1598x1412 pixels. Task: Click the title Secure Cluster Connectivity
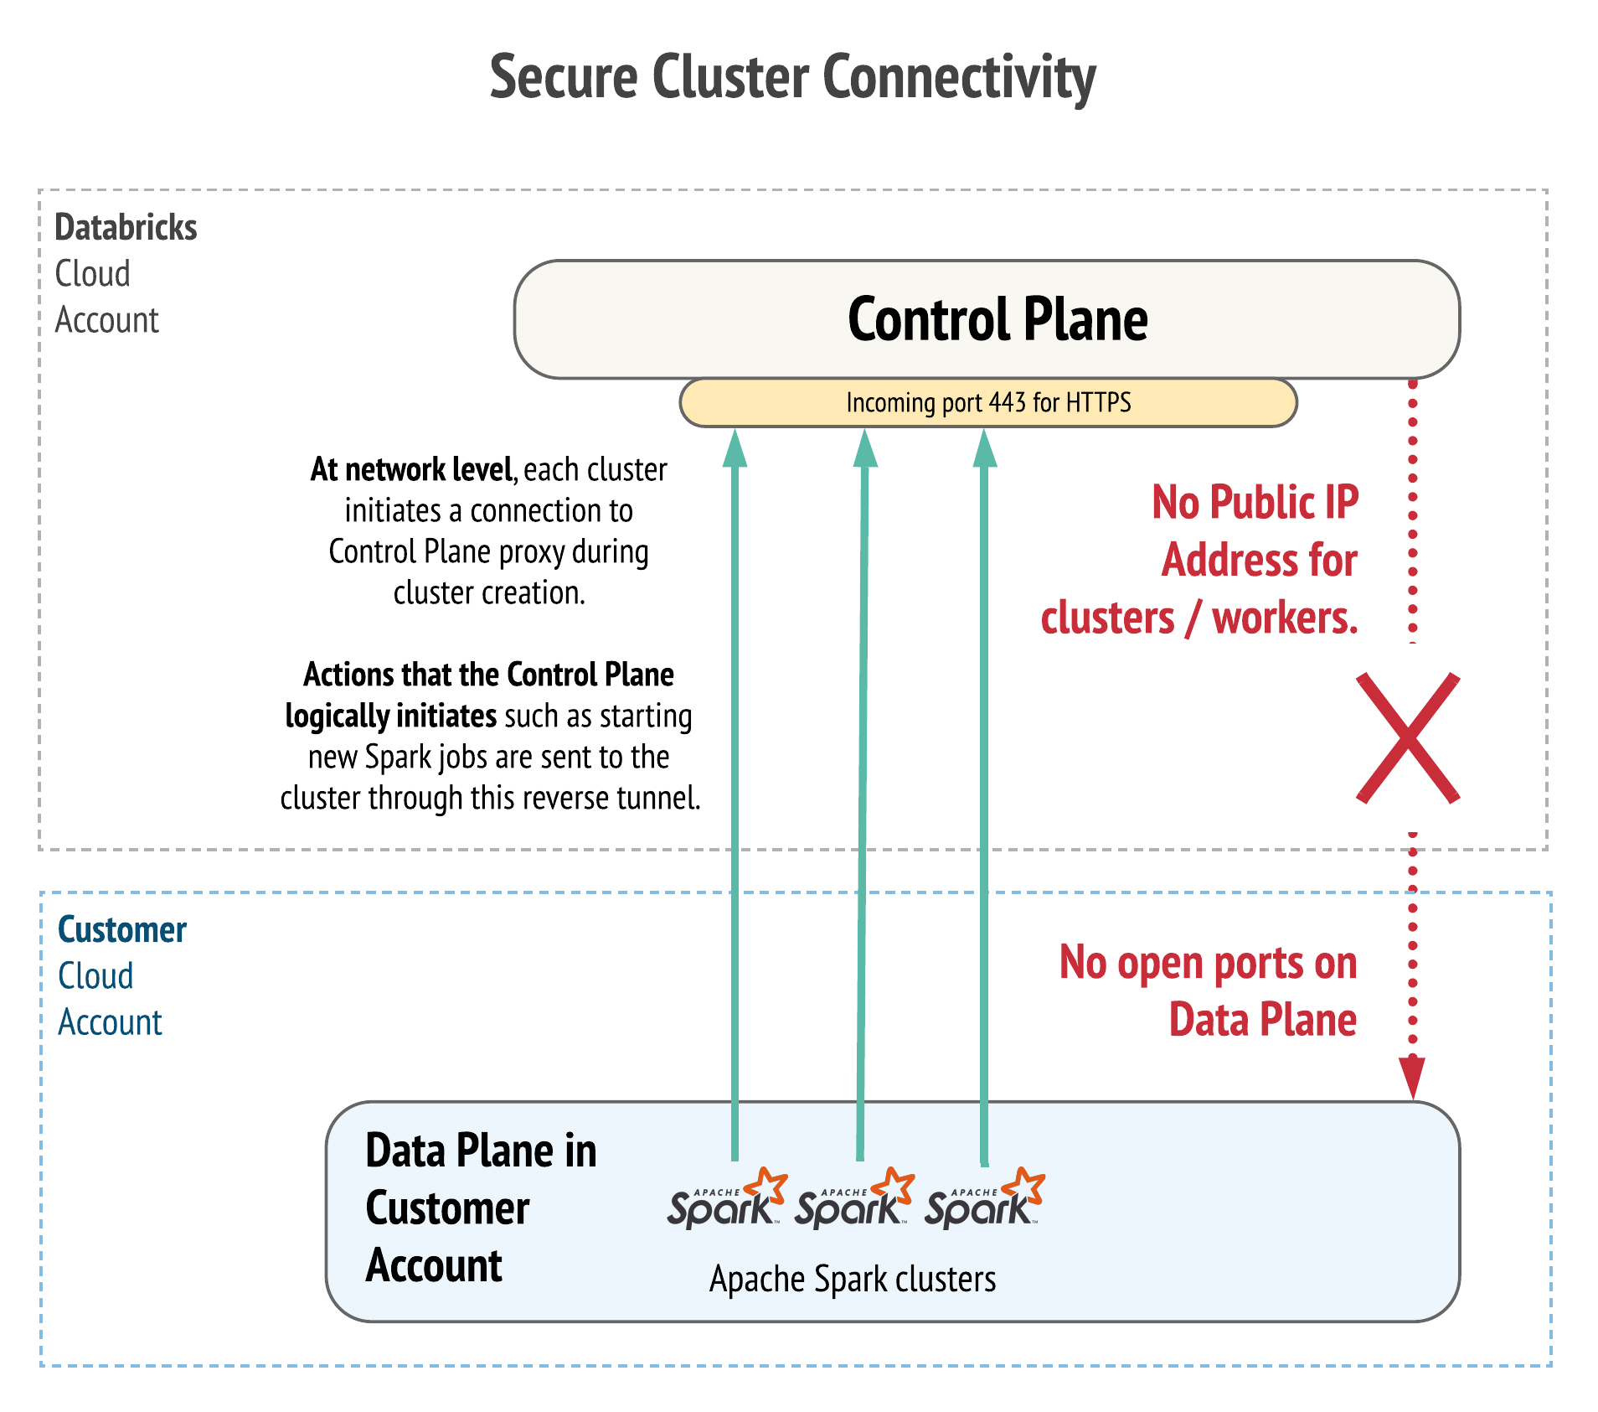coord(792,77)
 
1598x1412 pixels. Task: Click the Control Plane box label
coord(997,319)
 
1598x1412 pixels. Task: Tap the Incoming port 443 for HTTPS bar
coord(988,403)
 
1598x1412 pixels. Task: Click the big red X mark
coord(1408,737)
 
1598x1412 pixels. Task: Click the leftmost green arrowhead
coord(735,449)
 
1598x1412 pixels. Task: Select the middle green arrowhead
coord(865,449)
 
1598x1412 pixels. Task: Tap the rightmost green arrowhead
coord(985,449)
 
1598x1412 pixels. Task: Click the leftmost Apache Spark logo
coord(726,1200)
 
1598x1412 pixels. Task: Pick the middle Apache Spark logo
coord(853,1200)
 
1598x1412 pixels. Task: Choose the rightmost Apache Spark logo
coord(984,1200)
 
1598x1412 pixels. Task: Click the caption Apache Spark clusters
coord(853,1280)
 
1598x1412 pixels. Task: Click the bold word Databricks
coord(126,227)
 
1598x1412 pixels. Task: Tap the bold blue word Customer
coord(122,930)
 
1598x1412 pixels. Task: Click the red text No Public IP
coord(1255,503)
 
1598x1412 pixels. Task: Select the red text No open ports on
coord(1208,963)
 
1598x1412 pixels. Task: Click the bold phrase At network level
coord(411,469)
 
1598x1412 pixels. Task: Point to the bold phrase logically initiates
coord(391,716)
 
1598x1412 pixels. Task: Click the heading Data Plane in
coord(481,1151)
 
